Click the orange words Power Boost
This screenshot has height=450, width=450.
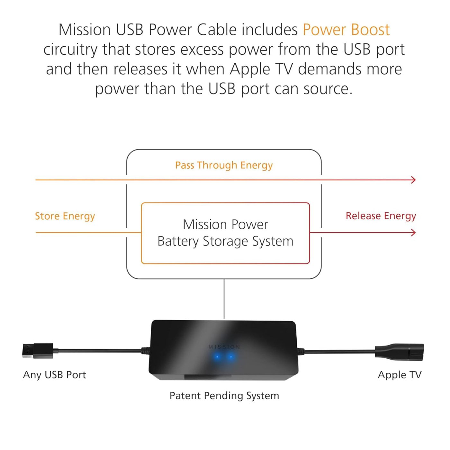coord(346,30)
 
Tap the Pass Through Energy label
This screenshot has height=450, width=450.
coord(224,165)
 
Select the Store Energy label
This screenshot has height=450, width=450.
coord(65,216)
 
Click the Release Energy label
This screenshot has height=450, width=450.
coord(381,216)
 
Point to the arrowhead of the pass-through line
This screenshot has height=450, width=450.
coord(414,180)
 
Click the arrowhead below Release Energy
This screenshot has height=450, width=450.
coord(414,232)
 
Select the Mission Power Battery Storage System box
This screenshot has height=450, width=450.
coord(225,233)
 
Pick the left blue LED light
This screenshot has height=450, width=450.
coord(218,357)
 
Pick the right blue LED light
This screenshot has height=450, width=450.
coord(231,357)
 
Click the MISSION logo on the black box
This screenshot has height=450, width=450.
coord(224,347)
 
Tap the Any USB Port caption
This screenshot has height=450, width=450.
coord(54,375)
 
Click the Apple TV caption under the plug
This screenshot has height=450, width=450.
coord(399,375)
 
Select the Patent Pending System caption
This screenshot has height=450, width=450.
coord(224,396)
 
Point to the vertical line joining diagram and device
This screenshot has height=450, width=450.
coord(224,299)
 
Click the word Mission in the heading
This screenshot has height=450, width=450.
coord(85,30)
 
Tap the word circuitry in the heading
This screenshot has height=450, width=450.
coord(70,50)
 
